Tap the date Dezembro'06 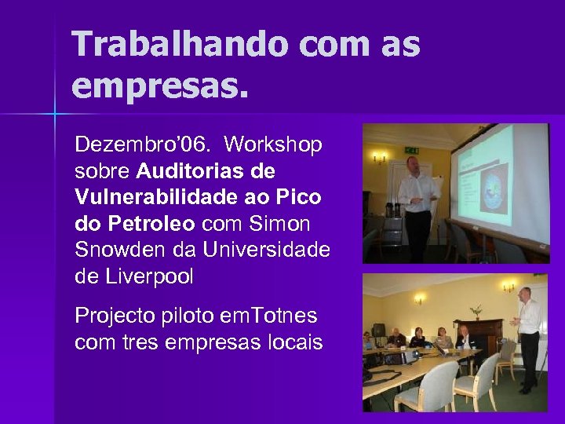(143, 145)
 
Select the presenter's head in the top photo (413, 164)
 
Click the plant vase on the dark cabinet (476, 312)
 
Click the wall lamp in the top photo (380, 158)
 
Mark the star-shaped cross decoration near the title (54, 115)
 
